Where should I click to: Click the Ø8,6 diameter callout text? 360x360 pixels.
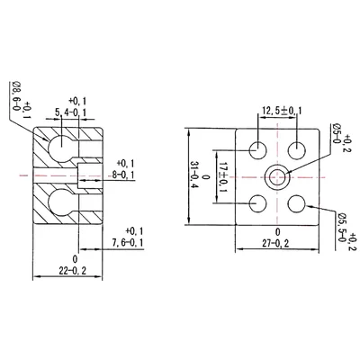17,99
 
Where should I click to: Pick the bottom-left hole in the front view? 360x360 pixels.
258,202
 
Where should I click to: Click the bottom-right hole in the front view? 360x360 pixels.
298,202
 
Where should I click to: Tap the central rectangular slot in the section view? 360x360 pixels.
90,173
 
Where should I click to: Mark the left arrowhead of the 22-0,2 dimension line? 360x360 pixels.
35,274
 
